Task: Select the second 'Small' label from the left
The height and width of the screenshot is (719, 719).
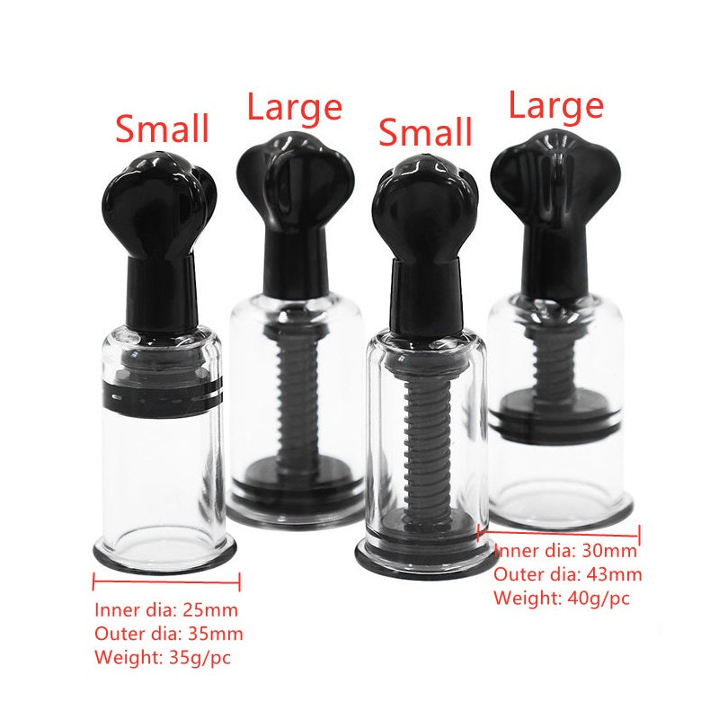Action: click(x=425, y=131)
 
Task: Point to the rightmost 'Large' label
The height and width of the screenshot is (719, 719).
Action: click(x=556, y=107)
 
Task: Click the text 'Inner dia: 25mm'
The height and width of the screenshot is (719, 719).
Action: click(x=166, y=610)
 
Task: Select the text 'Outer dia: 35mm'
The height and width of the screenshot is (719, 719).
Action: click(x=169, y=634)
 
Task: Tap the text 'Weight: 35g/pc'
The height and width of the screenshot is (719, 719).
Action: click(x=163, y=658)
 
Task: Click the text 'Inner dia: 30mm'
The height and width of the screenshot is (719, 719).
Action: click(x=565, y=550)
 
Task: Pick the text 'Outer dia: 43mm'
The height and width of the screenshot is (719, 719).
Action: click(x=568, y=574)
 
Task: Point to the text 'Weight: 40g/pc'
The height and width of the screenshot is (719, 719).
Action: click(x=562, y=598)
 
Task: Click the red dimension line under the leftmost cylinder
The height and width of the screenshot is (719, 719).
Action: click(x=166, y=581)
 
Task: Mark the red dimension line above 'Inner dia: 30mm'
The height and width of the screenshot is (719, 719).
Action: click(x=559, y=534)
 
